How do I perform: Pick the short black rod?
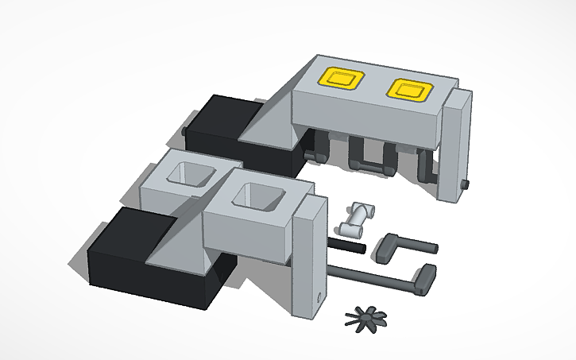tap(347, 248)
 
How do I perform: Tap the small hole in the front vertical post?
tap(319, 299)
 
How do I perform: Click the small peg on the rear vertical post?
tap(466, 186)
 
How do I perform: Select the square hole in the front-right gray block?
tap(257, 198)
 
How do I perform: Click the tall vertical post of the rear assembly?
tap(455, 147)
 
